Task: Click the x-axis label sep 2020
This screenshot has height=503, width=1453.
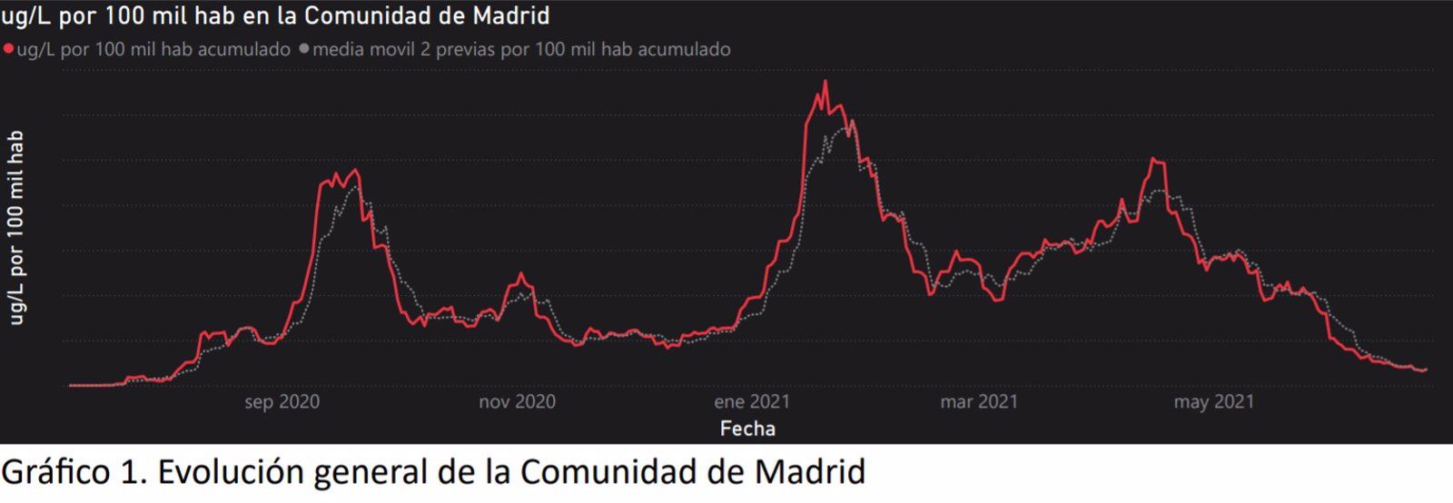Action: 282,401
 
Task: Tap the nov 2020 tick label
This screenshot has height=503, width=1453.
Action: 517,401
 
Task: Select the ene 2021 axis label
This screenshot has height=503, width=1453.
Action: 752,401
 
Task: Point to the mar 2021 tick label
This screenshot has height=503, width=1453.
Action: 979,401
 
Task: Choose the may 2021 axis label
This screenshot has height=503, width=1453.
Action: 1213,401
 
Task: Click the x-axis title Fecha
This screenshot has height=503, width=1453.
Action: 747,429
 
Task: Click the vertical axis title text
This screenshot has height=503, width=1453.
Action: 15,227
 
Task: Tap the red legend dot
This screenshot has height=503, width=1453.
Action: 8,49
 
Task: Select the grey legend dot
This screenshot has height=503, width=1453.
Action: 304,49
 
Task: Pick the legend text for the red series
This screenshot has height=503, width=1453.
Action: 153,49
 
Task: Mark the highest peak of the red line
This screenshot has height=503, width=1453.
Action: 825,82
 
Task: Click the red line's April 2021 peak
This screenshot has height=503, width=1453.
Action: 1153,160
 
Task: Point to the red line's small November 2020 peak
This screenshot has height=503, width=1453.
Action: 520,273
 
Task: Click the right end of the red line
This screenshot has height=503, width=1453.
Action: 1426,370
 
